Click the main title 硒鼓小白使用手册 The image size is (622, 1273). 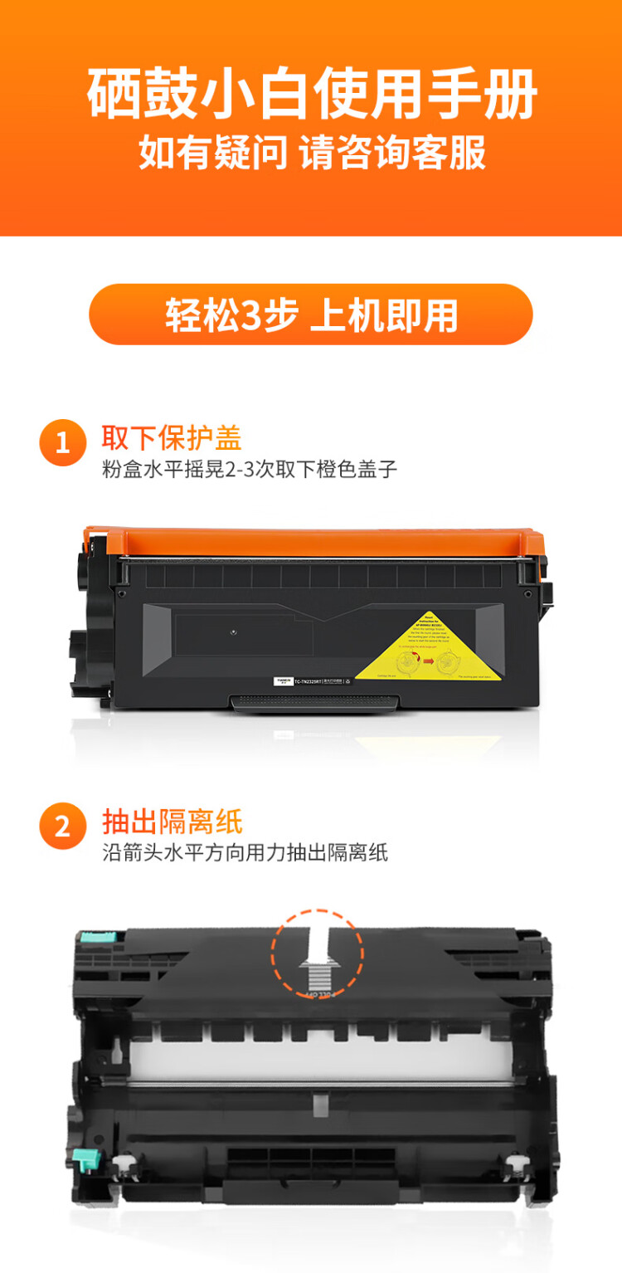(311, 96)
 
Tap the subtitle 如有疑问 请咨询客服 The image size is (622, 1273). (311, 154)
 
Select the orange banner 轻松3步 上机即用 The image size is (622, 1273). (311, 315)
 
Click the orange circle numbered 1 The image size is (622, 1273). (62, 442)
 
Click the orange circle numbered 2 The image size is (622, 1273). (62, 827)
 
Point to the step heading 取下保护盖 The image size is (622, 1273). (172, 437)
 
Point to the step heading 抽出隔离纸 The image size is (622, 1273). (172, 821)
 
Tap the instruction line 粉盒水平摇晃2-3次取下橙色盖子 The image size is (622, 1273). (250, 469)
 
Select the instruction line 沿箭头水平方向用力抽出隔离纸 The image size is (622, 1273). (245, 852)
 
